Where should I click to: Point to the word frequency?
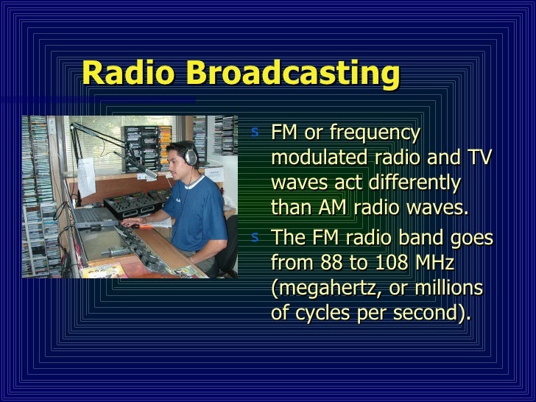375,135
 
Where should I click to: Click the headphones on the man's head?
190,155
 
